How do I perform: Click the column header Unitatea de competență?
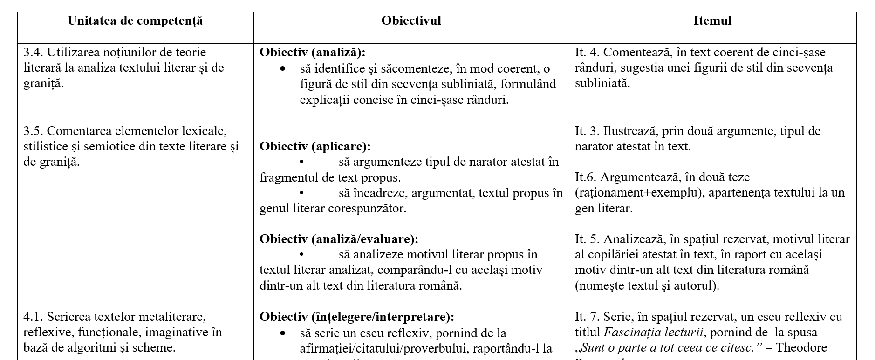pyautogui.click(x=135, y=21)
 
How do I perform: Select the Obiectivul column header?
pyautogui.click(x=411, y=21)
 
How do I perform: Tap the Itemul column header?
pyautogui.click(x=712, y=21)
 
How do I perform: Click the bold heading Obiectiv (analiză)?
pyautogui.click(x=312, y=53)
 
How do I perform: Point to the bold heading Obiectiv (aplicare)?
pyautogui.click(x=315, y=146)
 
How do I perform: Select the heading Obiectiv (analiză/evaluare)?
pyautogui.click(x=339, y=239)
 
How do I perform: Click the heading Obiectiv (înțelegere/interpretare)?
pyautogui.click(x=356, y=317)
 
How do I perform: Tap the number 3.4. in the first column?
pyautogui.click(x=33, y=52)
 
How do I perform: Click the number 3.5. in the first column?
pyautogui.click(x=33, y=131)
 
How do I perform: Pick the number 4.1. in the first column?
pyautogui.click(x=33, y=317)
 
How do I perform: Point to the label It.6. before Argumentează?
pyautogui.click(x=586, y=177)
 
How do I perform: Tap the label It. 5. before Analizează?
pyautogui.click(x=587, y=239)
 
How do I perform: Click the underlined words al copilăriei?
pyautogui.click(x=607, y=255)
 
